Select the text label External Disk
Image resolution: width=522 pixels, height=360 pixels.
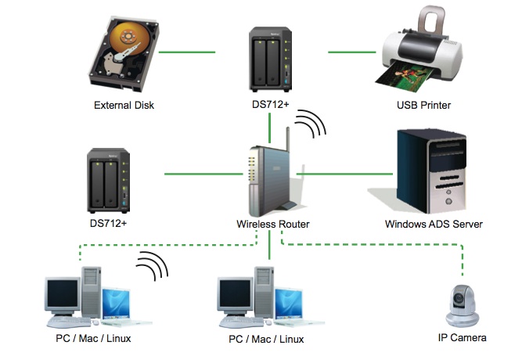pos(124,105)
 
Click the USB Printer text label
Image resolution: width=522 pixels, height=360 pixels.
pos(423,105)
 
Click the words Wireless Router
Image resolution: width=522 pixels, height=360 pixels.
pos(272,225)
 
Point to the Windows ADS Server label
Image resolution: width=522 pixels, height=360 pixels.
pos(434,225)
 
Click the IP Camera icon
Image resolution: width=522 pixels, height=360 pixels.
pos(463,305)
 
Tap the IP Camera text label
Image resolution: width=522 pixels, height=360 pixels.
pos(462,338)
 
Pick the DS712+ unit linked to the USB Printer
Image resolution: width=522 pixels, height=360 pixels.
pos(271,59)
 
